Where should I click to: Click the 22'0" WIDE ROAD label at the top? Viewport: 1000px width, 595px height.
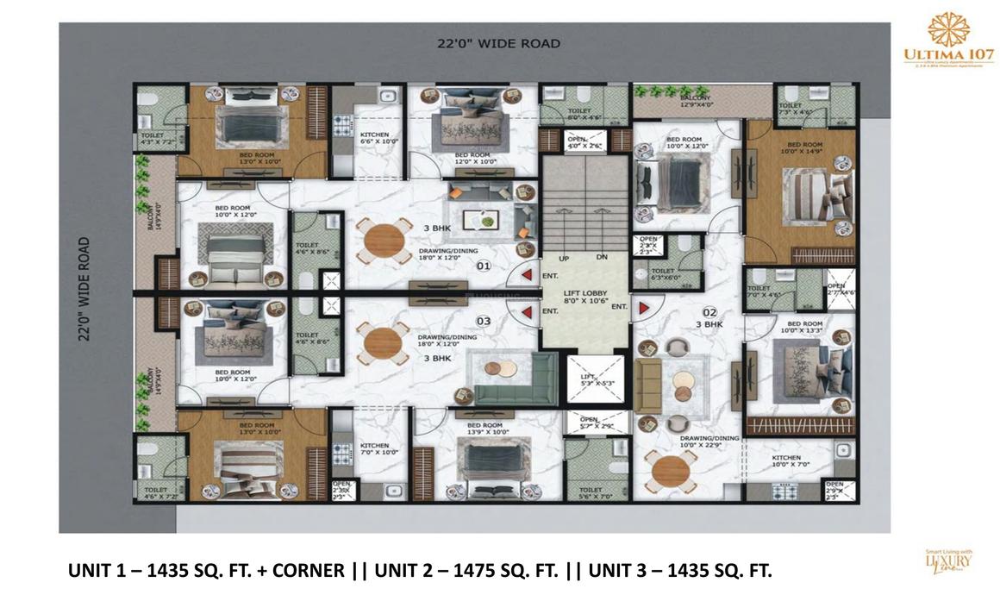click(497, 43)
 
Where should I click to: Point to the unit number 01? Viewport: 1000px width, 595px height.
click(484, 266)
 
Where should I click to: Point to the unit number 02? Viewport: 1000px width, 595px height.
click(709, 311)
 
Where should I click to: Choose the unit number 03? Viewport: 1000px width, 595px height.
click(484, 321)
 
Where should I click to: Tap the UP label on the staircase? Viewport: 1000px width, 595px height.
click(564, 258)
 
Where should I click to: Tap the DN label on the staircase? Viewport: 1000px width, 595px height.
click(601, 258)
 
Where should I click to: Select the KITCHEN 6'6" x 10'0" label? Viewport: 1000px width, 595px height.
click(374, 139)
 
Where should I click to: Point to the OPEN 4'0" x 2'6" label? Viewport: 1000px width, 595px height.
click(576, 142)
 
